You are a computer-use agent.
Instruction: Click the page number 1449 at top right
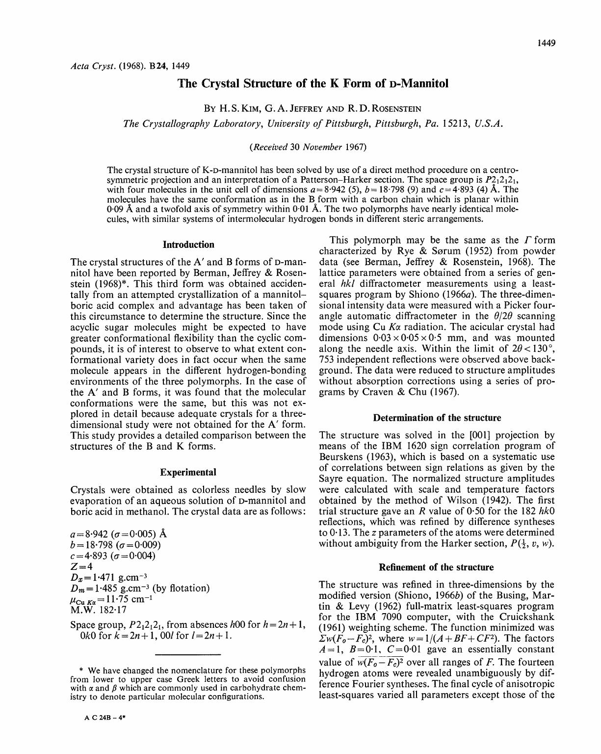pyautogui.click(x=546, y=43)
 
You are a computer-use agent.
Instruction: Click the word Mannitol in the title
pyautogui.click(x=426, y=83)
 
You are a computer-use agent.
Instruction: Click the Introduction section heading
pyautogui.click(x=188, y=244)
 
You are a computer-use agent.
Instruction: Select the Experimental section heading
pyautogui.click(x=188, y=472)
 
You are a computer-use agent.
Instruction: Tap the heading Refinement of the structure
pyautogui.click(x=437, y=567)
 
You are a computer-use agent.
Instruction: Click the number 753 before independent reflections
pyautogui.click(x=327, y=360)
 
